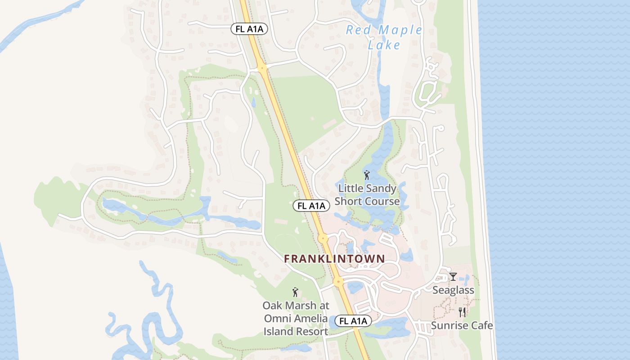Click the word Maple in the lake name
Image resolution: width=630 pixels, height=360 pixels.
pos(399,31)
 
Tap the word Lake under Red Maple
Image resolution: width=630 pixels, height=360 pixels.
pos(384,45)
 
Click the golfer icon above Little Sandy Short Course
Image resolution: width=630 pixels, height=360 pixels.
pos(367,175)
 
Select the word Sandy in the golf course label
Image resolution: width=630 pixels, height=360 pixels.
pos(381,189)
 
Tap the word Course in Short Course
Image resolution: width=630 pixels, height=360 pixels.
pos(383,201)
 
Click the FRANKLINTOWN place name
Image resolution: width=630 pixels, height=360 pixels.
pos(334,259)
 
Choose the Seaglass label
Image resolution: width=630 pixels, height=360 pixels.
pos(453,290)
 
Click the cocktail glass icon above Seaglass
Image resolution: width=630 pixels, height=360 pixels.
pos(453,276)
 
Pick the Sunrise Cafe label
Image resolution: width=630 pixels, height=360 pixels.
pos(462,325)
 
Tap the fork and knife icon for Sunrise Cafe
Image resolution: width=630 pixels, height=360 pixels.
pos(462,312)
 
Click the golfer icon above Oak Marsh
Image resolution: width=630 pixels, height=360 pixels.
pos(295,292)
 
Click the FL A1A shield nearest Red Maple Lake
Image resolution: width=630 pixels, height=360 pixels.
pos(249,29)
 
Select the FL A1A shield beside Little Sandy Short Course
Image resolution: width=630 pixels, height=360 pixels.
pos(311,206)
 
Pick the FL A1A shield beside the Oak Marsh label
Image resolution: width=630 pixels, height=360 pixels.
pos(353,321)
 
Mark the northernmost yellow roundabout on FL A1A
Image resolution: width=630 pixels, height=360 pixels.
pos(262,68)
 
